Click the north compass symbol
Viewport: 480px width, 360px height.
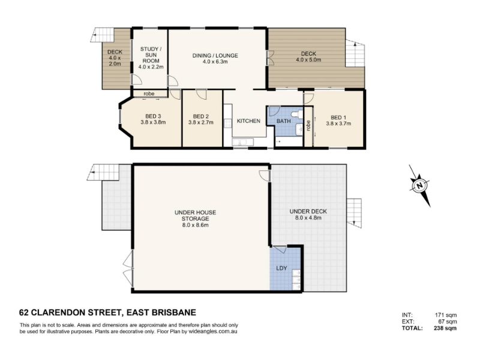(419, 185)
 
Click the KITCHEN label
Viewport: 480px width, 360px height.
(248, 121)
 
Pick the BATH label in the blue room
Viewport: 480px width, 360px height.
(283, 121)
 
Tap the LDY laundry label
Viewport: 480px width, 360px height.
(281, 268)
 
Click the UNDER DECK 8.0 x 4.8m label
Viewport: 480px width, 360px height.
(308, 215)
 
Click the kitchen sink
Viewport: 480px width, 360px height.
(242, 142)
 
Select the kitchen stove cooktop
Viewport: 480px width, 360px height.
(228, 124)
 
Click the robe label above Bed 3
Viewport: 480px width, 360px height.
(149, 94)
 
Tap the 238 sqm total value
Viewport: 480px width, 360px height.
(445, 328)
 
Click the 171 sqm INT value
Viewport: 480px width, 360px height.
(446, 315)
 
